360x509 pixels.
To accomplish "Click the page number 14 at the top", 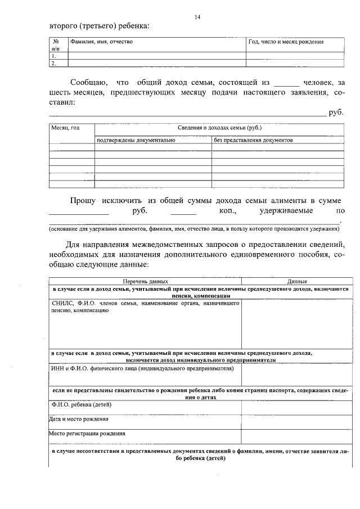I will [x=197, y=17].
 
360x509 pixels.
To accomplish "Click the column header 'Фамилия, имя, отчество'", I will [x=101, y=42].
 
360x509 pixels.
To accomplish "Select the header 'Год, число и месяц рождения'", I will [x=286, y=42].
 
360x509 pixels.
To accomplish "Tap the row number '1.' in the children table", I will [x=53, y=56].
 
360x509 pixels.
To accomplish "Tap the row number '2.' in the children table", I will [x=53, y=64].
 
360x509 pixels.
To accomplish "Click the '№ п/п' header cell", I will [x=56, y=45].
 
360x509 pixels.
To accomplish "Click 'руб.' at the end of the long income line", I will [x=336, y=113].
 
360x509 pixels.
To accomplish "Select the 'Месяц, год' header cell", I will [x=65, y=128].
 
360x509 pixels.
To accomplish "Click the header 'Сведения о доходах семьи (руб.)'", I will [x=219, y=128].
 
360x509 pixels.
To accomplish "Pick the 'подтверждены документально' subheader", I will [x=136, y=140].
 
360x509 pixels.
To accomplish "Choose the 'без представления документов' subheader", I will [x=254, y=140].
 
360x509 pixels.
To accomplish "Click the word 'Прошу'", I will [x=83, y=201].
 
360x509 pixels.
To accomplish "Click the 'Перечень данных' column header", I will [x=145, y=281].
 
